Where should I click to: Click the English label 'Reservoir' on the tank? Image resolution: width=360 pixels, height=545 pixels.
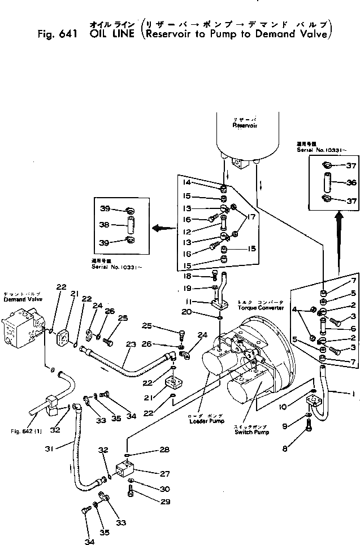245,126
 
